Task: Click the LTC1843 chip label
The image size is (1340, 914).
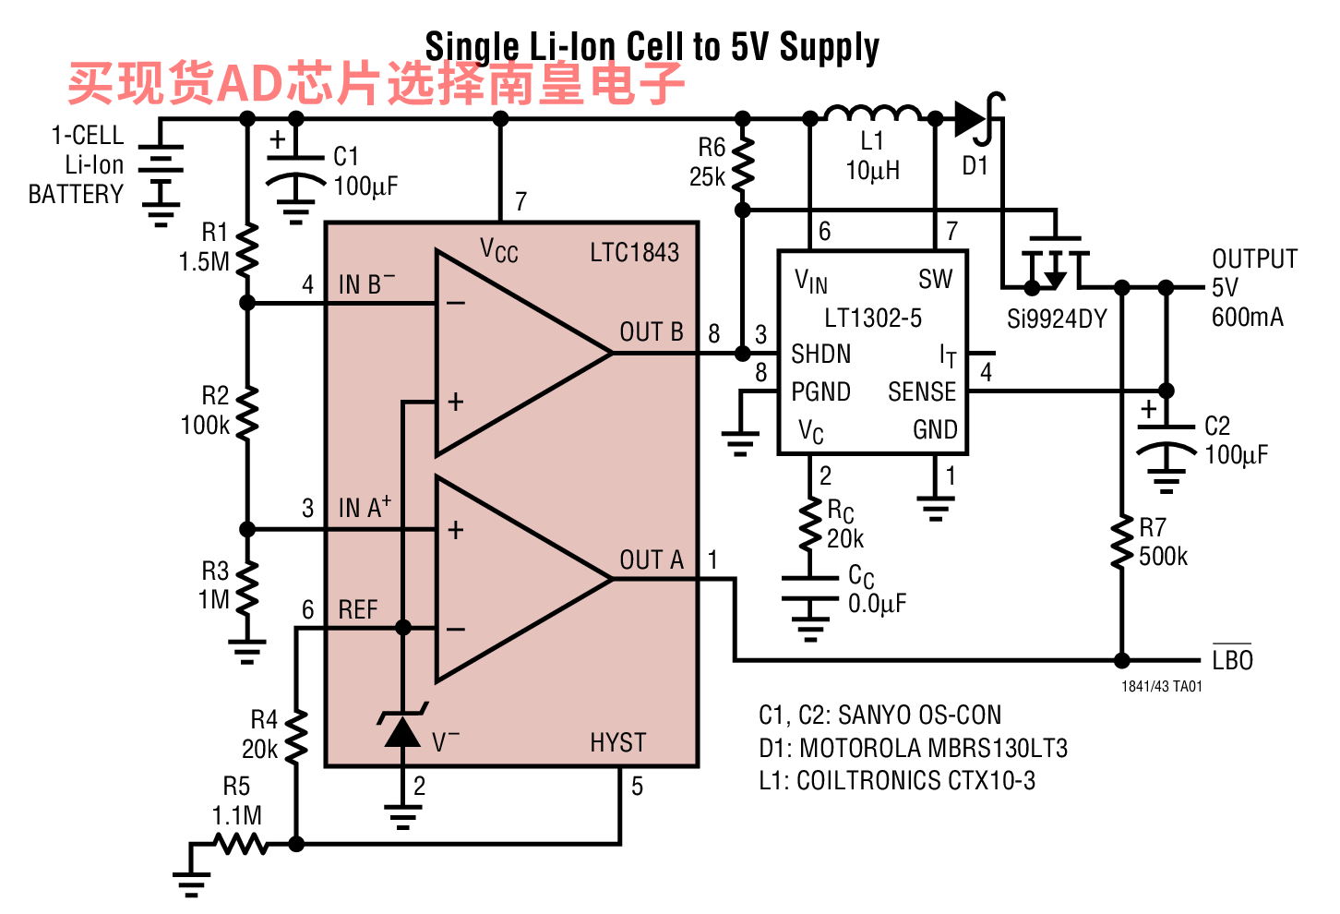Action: pyautogui.click(x=634, y=253)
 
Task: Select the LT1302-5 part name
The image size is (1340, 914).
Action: pyautogui.click(x=873, y=318)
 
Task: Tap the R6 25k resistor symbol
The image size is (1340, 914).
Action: pyautogui.click(x=742, y=163)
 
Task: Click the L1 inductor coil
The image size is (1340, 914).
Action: pyautogui.click(x=873, y=114)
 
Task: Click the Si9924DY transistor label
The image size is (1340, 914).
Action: pyautogui.click(x=1057, y=319)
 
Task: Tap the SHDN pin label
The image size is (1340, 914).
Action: pyautogui.click(x=820, y=354)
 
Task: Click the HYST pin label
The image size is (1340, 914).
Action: pyautogui.click(x=618, y=743)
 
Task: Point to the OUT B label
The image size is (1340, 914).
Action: pyautogui.click(x=652, y=332)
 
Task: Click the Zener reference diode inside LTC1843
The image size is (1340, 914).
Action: pyautogui.click(x=402, y=728)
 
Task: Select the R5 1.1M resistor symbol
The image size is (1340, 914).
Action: pyautogui.click(x=241, y=844)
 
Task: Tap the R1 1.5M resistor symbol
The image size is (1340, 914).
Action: pyautogui.click(x=247, y=251)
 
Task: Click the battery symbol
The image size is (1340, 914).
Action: pyautogui.click(x=161, y=174)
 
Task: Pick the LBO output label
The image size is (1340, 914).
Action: pyautogui.click(x=1232, y=659)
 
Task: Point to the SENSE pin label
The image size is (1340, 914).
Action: pyautogui.click(x=922, y=391)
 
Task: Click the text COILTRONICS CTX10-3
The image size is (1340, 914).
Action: pyautogui.click(x=915, y=780)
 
